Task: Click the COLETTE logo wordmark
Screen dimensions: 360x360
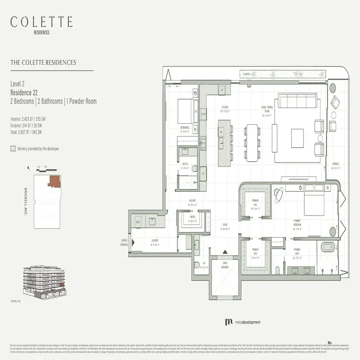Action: [41, 21]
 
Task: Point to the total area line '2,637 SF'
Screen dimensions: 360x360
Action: [26, 132]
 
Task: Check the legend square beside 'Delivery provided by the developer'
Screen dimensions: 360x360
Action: [13, 148]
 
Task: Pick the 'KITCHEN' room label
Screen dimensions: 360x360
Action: [225, 107]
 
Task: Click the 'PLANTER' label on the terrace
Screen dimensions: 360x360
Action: [246, 73]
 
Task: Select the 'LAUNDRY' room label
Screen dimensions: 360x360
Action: [155, 240]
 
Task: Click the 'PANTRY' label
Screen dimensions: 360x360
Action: [192, 217]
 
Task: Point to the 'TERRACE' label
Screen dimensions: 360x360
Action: [336, 164]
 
